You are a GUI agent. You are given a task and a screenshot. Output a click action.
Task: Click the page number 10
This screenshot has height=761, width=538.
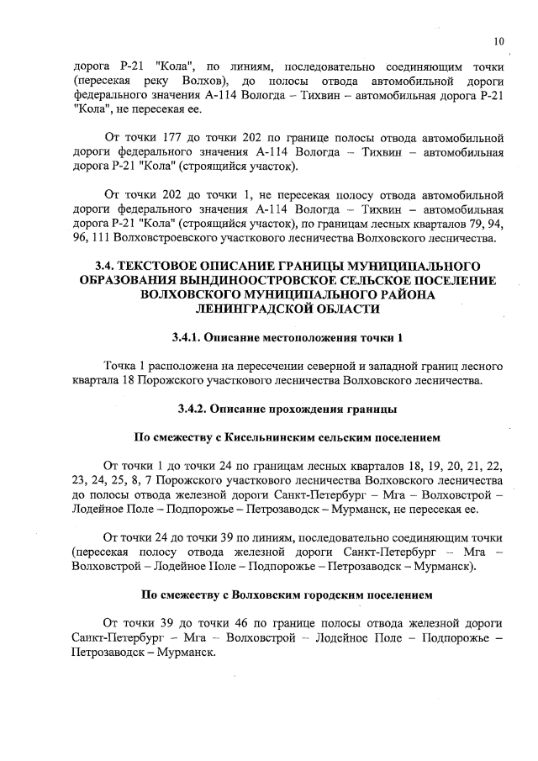[x=498, y=41]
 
